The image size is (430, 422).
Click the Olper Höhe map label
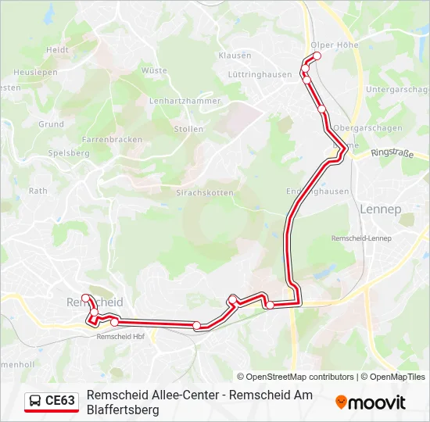click(x=334, y=45)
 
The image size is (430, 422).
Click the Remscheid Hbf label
click(x=120, y=337)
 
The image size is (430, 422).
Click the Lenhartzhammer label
click(x=185, y=101)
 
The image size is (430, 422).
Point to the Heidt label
click(x=57, y=49)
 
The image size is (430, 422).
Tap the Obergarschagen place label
click(x=357, y=128)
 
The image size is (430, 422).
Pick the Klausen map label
click(x=235, y=55)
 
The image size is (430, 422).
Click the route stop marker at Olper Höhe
click(x=317, y=55)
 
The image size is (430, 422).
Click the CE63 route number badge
click(x=60, y=401)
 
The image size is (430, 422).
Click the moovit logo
click(x=371, y=402)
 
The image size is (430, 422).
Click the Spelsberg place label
click(x=69, y=153)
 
